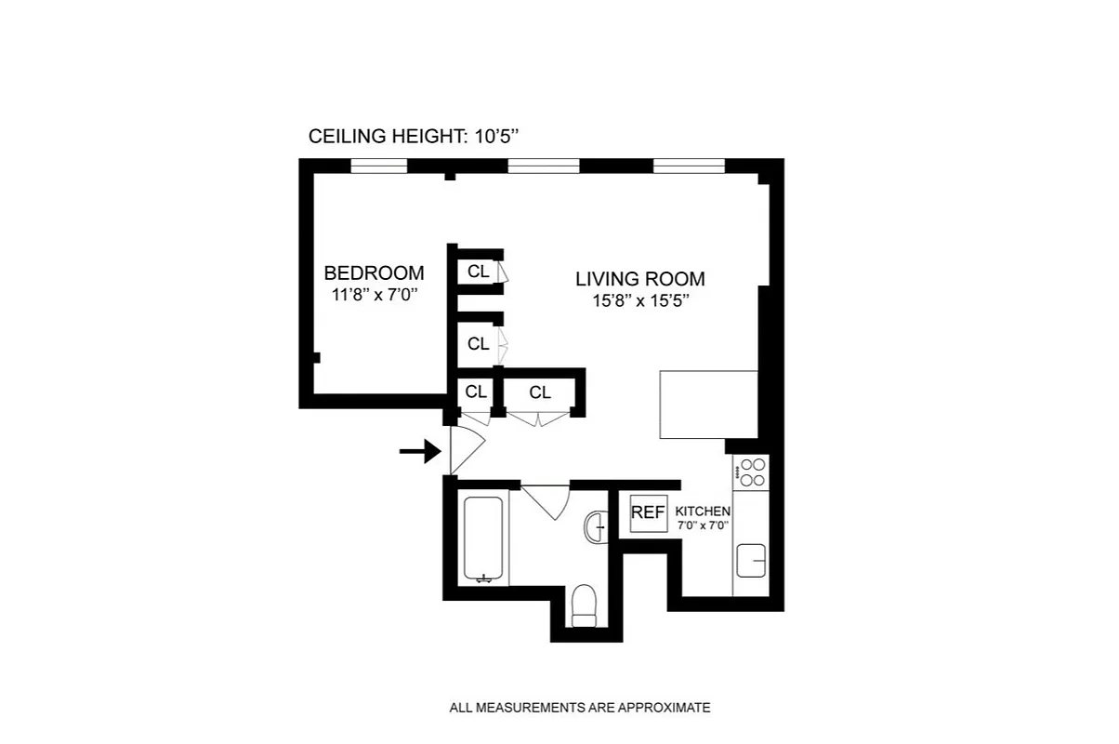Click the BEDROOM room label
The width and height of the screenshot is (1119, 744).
click(x=374, y=273)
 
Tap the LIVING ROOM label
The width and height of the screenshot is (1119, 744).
click(x=639, y=279)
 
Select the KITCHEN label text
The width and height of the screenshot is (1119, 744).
click(x=703, y=511)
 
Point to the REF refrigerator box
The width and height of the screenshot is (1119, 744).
click(x=648, y=512)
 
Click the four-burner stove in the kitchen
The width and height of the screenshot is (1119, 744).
click(x=751, y=472)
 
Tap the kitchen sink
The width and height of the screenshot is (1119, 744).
click(x=751, y=562)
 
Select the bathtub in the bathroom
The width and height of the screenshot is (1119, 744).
click(x=484, y=539)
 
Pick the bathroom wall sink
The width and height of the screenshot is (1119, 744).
click(x=596, y=527)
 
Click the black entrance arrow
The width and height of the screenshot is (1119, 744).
click(x=419, y=452)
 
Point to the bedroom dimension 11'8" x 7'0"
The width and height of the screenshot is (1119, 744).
click(x=374, y=296)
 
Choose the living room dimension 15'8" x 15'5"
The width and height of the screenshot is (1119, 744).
click(x=639, y=301)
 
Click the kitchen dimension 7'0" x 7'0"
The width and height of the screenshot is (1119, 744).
click(x=703, y=525)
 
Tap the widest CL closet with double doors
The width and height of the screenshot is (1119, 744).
click(x=540, y=393)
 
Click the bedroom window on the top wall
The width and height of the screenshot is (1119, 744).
click(x=379, y=167)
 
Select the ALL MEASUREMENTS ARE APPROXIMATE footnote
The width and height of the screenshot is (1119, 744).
click(x=580, y=708)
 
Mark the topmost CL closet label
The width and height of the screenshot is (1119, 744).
click(x=479, y=272)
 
